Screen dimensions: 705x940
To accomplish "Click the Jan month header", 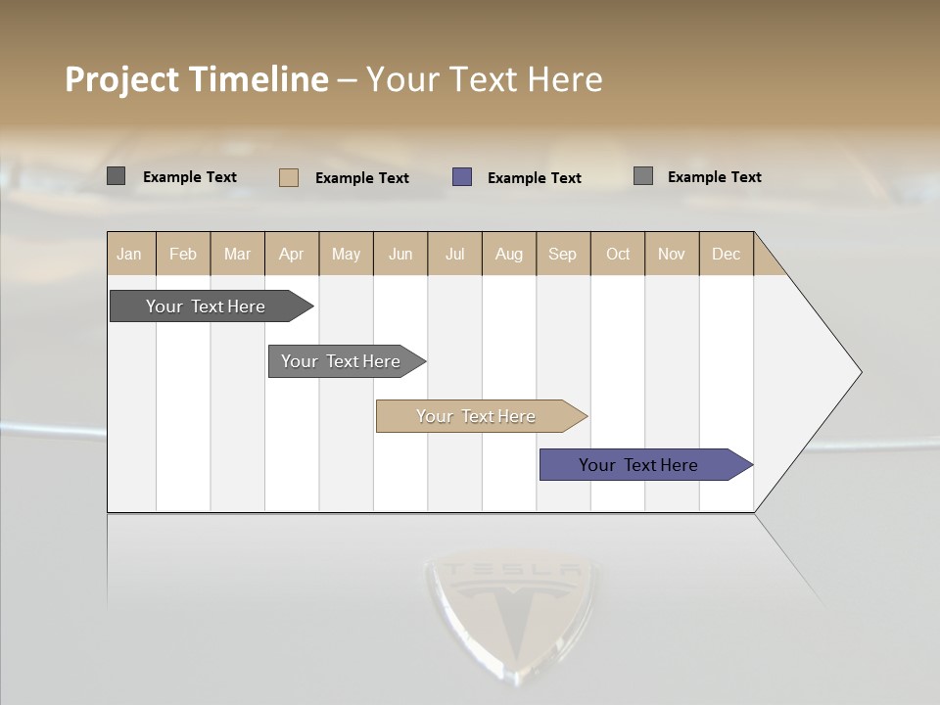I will tap(130, 254).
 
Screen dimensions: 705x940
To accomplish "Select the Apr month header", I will tap(292, 254).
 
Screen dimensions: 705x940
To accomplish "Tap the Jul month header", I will tap(455, 254).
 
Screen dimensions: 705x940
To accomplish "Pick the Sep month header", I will tap(563, 254).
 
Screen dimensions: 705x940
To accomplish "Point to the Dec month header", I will tap(726, 254).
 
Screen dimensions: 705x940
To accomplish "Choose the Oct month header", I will tap(618, 254).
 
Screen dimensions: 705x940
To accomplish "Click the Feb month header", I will tap(183, 254).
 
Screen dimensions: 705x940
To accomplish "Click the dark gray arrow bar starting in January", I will tap(206, 306).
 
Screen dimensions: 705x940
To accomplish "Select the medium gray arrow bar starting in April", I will tap(341, 361).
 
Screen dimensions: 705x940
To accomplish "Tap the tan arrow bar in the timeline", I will tap(476, 416).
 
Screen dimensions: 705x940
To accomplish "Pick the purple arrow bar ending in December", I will tap(638, 465).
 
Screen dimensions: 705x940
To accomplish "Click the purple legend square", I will tap(462, 177).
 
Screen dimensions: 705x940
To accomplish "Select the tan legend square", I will tap(289, 177).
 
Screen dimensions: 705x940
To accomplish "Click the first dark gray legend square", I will tap(117, 176).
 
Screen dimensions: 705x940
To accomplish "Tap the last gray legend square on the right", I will tap(643, 176).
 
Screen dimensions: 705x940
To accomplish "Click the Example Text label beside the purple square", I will tap(534, 178).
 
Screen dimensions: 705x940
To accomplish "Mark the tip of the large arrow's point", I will tap(861, 372).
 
